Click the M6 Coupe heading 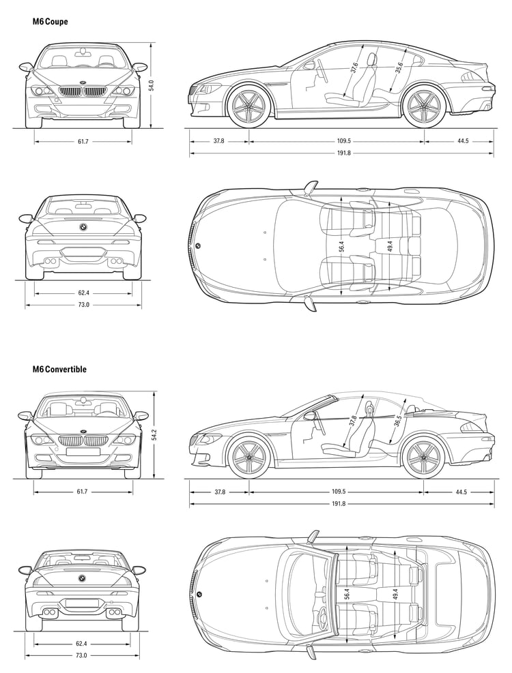click(x=51, y=21)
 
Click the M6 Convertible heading click(x=59, y=369)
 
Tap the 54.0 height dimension click(x=152, y=85)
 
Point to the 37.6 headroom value click(x=354, y=68)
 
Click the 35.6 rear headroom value click(x=399, y=68)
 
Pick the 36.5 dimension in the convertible click(x=397, y=420)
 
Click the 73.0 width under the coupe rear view click(x=83, y=305)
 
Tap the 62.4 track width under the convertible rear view click(x=81, y=644)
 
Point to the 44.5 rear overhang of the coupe click(x=463, y=140)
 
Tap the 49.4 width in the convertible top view click(x=395, y=593)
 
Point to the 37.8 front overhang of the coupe click(x=219, y=140)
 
